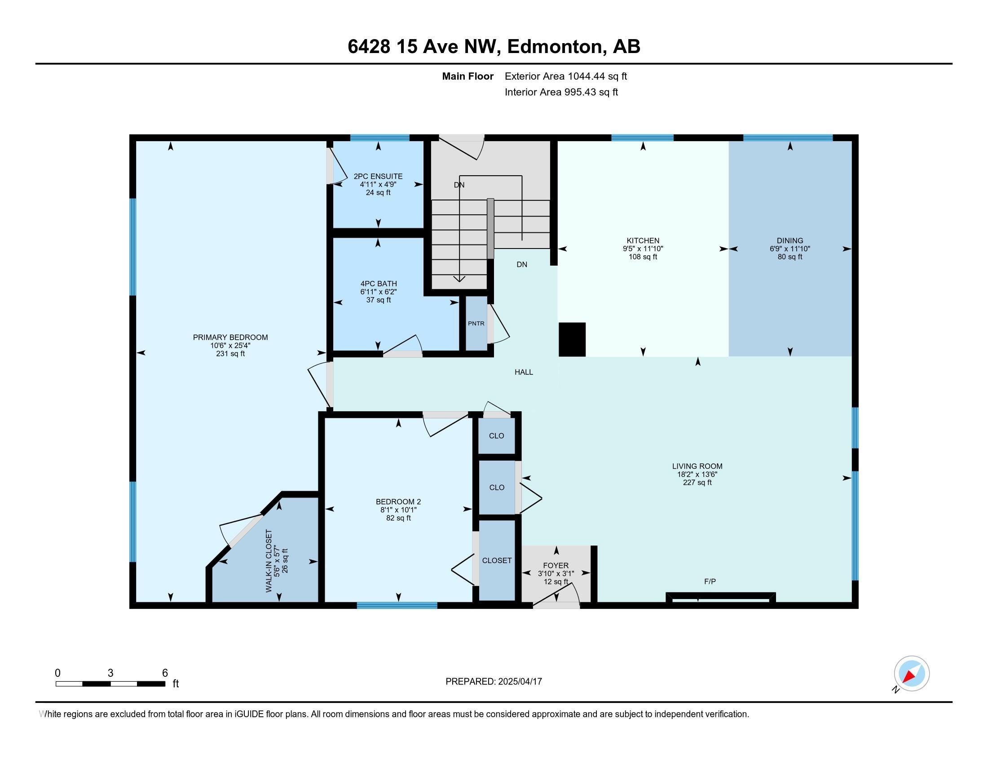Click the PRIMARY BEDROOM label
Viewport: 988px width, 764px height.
[x=230, y=337]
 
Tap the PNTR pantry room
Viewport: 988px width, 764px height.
[x=476, y=323]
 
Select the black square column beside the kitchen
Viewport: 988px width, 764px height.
[x=572, y=339]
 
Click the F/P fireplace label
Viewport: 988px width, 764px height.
[x=710, y=582]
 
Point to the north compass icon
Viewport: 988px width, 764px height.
[x=911, y=674]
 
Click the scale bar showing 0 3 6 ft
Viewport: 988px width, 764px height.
[x=110, y=684]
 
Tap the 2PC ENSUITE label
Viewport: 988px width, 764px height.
[x=378, y=177]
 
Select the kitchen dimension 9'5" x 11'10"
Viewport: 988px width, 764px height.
[x=643, y=249]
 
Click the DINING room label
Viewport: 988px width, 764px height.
[x=790, y=241]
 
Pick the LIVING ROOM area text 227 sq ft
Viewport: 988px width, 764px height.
[x=697, y=483]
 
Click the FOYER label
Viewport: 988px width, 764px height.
[x=556, y=565]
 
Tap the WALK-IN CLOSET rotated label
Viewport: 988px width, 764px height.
[x=269, y=561]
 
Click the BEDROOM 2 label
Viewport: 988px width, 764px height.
[x=398, y=502]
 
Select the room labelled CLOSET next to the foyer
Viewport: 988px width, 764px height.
[x=497, y=560]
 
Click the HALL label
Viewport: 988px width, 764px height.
[x=523, y=372]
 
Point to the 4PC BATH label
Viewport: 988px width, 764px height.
[x=379, y=284]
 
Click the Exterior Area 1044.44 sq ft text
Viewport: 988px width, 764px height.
[x=565, y=76]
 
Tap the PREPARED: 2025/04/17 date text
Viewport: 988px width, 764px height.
[x=494, y=682]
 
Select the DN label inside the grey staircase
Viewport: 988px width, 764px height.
[x=459, y=185]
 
